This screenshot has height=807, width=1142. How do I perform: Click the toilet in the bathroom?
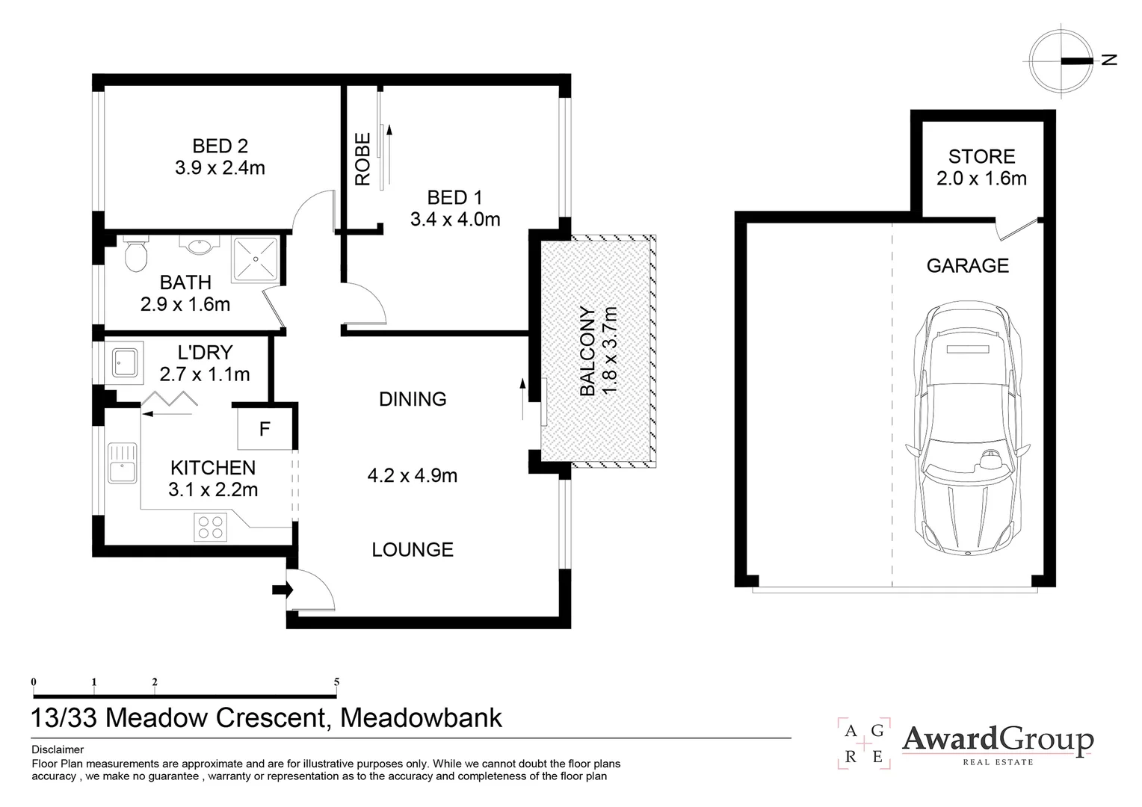pyautogui.click(x=135, y=256)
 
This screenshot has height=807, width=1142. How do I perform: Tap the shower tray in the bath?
pyautogui.click(x=256, y=259)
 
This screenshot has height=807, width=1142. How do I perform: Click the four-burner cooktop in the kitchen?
pyautogui.click(x=210, y=527)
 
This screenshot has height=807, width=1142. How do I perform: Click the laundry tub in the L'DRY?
pyautogui.click(x=123, y=363)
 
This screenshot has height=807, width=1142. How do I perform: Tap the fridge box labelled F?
pyautogui.click(x=265, y=429)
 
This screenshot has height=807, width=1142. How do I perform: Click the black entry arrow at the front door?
pyautogui.click(x=282, y=590)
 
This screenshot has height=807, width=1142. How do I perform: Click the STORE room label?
pyautogui.click(x=981, y=157)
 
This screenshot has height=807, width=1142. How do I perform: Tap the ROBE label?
pyautogui.click(x=362, y=159)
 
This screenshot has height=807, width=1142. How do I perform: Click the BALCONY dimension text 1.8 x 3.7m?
pyautogui.click(x=610, y=351)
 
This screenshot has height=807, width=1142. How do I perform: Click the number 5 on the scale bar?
pyautogui.click(x=336, y=681)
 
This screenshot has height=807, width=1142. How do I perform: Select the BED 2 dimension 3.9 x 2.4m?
pyautogui.click(x=220, y=168)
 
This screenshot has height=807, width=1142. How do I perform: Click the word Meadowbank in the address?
pyautogui.click(x=421, y=717)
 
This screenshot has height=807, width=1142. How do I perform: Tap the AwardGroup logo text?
pyautogui.click(x=998, y=740)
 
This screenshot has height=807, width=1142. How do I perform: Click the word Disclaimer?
pyautogui.click(x=58, y=749)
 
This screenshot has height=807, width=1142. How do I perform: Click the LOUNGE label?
pyautogui.click(x=413, y=550)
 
